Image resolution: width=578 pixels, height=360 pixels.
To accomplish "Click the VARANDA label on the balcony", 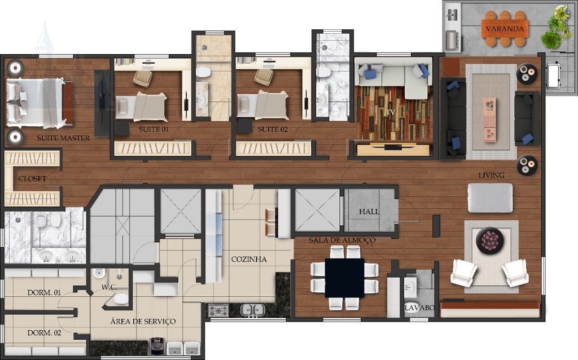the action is [x=505, y=29].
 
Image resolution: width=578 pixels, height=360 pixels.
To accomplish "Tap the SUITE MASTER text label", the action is [x=63, y=138].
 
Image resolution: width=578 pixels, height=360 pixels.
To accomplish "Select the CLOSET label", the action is [x=32, y=179].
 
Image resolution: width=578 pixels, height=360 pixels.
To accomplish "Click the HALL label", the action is [x=369, y=212].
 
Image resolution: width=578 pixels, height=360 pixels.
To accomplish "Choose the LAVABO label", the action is [x=419, y=308].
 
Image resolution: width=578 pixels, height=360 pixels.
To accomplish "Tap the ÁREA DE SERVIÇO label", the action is [x=143, y=321].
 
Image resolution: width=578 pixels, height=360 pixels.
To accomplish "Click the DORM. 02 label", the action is [x=44, y=333].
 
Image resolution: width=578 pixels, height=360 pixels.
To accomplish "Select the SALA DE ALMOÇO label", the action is [x=342, y=240].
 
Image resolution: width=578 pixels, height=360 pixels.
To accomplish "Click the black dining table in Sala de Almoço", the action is [x=344, y=278].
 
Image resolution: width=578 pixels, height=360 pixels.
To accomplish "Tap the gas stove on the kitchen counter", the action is [x=218, y=310].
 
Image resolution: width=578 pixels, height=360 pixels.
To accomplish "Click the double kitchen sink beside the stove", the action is [x=252, y=310].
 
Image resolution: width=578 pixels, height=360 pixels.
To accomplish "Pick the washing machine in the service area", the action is [x=157, y=346].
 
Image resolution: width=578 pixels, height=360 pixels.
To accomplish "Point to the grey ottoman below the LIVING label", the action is [x=490, y=198].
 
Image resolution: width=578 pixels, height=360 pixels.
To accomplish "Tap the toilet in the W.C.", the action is [x=119, y=298].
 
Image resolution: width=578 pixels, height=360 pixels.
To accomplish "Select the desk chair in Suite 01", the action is [x=142, y=78].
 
